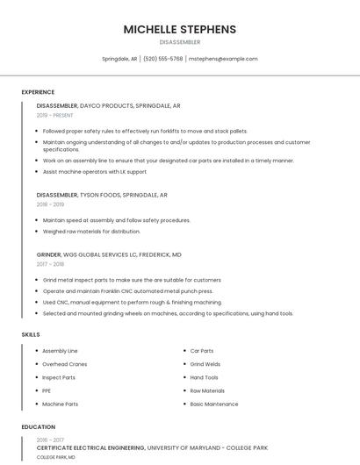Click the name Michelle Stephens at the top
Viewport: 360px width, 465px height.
click(179, 29)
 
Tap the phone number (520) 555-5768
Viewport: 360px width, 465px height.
click(163, 59)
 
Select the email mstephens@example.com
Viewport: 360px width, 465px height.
click(223, 59)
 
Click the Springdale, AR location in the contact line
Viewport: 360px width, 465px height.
click(119, 59)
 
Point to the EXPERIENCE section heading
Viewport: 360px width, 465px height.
click(38, 92)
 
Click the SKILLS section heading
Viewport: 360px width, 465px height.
click(30, 334)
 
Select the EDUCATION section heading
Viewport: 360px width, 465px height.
click(38, 427)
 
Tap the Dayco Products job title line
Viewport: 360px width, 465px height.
click(108, 105)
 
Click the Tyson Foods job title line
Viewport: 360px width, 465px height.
click(102, 195)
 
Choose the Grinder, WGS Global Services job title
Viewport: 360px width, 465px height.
click(109, 254)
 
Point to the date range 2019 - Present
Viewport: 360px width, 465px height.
click(54, 115)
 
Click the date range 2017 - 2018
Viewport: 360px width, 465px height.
click(50, 264)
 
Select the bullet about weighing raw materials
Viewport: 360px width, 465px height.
click(91, 232)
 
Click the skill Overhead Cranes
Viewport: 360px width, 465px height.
click(64, 364)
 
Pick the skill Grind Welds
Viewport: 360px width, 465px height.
click(205, 364)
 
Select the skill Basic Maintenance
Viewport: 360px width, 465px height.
click(214, 404)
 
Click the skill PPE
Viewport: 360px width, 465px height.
click(47, 390)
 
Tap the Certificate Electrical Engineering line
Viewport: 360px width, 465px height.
click(152, 447)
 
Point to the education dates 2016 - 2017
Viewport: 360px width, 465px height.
click(50, 440)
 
